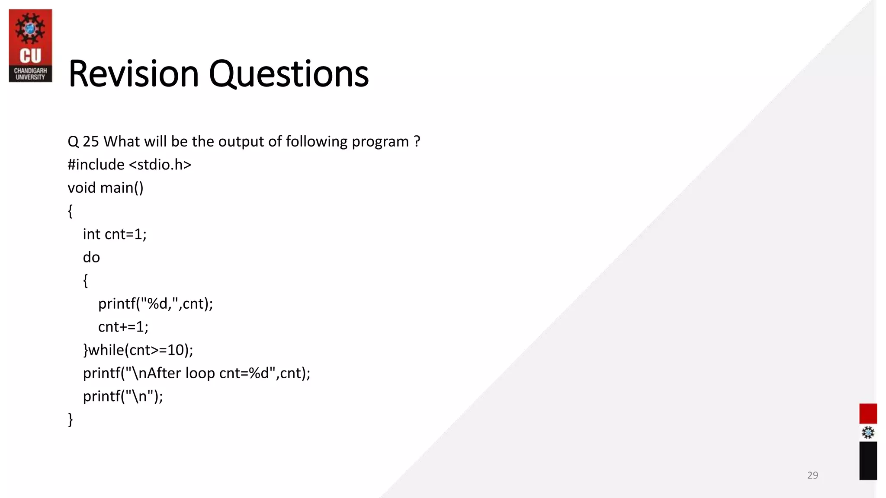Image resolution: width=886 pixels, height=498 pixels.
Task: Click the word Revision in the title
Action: coord(133,74)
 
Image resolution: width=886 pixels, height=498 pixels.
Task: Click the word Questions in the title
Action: coord(289,74)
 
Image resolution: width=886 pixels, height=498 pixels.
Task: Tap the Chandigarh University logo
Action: coord(30,45)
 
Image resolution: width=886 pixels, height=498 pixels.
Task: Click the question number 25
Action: coord(91,142)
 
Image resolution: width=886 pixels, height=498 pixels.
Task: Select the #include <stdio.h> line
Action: coord(129,165)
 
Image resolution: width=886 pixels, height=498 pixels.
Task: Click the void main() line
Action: coord(105,188)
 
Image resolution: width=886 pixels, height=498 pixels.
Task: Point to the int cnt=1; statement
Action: coord(115,234)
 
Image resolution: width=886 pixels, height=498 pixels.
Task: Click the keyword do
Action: coord(91,258)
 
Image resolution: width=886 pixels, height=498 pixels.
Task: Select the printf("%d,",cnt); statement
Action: coord(155,304)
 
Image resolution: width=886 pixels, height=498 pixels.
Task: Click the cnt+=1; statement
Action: coord(123,327)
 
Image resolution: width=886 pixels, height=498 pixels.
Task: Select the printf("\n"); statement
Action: coord(123,396)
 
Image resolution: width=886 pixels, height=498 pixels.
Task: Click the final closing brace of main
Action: coord(71,419)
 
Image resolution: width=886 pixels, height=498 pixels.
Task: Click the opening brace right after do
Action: coord(86,281)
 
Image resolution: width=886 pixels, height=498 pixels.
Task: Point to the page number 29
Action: coord(812,475)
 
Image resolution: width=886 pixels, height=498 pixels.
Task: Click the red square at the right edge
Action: coord(868,414)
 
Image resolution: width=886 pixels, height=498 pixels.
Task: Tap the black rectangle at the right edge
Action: coord(868,461)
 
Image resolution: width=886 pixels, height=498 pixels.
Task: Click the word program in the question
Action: coord(380,142)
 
